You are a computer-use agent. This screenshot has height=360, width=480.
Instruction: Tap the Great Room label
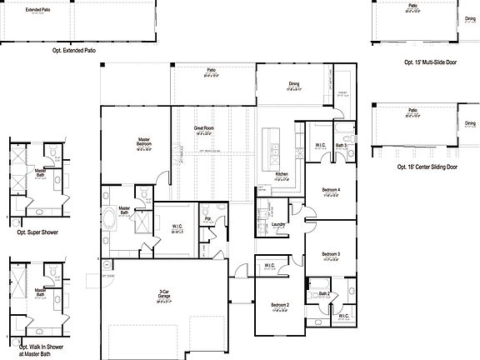tap(203, 128)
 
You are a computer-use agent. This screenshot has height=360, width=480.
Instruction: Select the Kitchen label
tap(282, 174)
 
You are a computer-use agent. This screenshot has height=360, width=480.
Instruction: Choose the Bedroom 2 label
tap(280, 306)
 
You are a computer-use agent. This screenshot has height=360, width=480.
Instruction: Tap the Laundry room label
tap(278, 223)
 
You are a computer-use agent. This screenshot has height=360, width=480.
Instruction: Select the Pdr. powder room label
tap(208, 218)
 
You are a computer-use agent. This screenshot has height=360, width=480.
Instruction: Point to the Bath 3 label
tap(341, 146)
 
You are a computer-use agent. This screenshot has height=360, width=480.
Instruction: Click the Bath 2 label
tap(324, 295)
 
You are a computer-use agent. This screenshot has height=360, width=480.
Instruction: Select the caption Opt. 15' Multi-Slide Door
tap(430, 62)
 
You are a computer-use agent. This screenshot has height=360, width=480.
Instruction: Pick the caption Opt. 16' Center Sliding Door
tap(427, 167)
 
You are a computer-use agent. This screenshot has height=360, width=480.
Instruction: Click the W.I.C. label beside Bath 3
tap(320, 145)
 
